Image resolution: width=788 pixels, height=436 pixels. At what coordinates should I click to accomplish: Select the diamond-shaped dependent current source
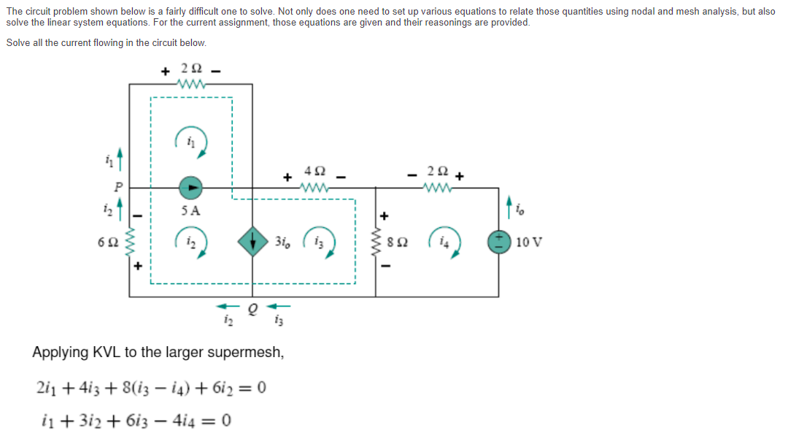click(252, 242)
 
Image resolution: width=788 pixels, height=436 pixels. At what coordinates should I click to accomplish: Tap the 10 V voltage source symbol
click(500, 242)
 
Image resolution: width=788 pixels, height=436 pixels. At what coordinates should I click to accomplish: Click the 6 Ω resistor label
click(107, 242)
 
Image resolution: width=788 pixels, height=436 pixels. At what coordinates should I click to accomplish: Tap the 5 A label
click(190, 210)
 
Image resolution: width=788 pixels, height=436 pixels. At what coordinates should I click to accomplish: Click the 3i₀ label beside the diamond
click(283, 242)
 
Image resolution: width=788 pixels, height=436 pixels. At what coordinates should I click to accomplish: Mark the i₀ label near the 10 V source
click(519, 213)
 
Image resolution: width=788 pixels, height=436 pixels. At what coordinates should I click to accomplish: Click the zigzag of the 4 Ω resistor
click(314, 187)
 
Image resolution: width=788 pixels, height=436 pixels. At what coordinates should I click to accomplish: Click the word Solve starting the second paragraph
click(19, 43)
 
